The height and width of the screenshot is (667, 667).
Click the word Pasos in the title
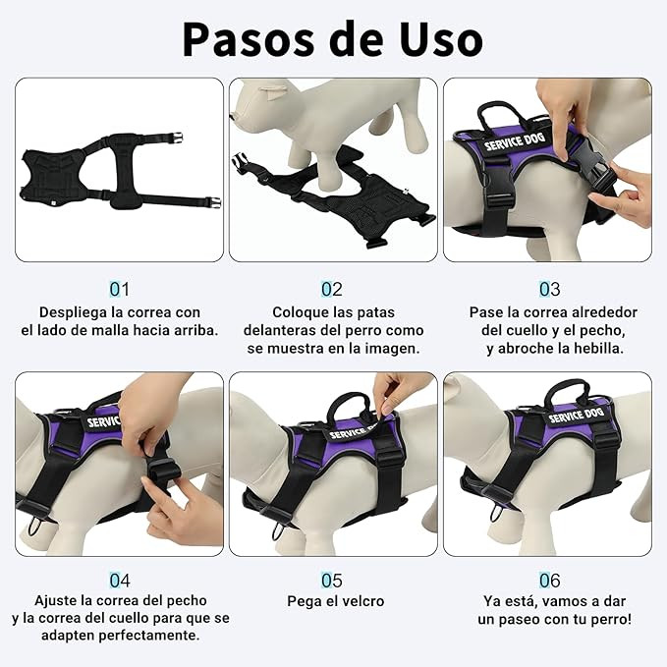click(x=248, y=39)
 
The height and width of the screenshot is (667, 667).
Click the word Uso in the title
click(x=441, y=39)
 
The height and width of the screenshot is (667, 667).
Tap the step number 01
click(x=119, y=289)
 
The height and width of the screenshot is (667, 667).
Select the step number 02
click(x=332, y=289)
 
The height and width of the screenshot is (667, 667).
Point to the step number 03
click(x=549, y=289)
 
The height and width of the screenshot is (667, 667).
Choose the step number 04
click(x=120, y=581)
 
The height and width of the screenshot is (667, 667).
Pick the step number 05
click(x=332, y=581)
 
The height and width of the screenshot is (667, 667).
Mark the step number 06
click(x=549, y=581)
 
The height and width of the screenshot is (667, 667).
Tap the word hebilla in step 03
click(x=598, y=349)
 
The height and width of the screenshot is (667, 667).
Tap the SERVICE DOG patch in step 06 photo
click(x=576, y=416)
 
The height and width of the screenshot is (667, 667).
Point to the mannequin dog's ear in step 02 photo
click(x=273, y=89)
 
